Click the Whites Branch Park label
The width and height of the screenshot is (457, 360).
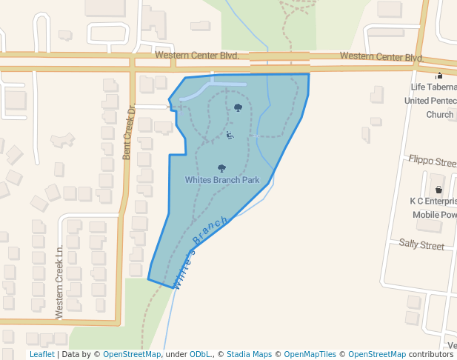click(222, 180)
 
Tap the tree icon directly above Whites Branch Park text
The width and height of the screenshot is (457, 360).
click(221, 169)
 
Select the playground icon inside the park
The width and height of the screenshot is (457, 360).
click(230, 135)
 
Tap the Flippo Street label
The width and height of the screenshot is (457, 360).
click(433, 161)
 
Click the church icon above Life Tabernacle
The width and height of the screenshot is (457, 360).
click(439, 75)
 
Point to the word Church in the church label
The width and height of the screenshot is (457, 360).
click(439, 115)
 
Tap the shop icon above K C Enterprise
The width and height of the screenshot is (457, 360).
click(438, 190)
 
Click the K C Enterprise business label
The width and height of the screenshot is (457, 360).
click(433, 201)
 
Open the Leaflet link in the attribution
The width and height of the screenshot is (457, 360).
click(41, 354)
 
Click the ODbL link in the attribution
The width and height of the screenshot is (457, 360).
click(199, 354)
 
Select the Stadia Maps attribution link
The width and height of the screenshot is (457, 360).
click(249, 354)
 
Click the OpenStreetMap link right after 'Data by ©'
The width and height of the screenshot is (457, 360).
click(132, 354)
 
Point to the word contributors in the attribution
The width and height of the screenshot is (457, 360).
click(431, 354)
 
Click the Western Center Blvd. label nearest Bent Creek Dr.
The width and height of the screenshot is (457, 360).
click(196, 56)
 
